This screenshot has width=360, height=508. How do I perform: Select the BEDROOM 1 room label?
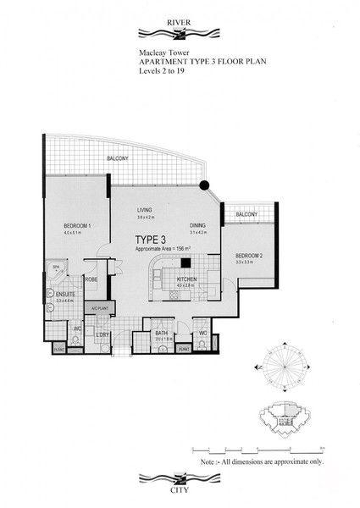click(x=77, y=225)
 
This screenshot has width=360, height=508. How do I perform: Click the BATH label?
click(x=162, y=334)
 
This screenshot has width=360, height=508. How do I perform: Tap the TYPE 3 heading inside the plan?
click(x=151, y=240)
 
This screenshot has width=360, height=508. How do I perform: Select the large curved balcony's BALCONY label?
click(x=118, y=159)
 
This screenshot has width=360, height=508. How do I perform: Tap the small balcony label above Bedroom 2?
click(x=246, y=215)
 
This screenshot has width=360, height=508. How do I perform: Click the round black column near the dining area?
click(x=203, y=186)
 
